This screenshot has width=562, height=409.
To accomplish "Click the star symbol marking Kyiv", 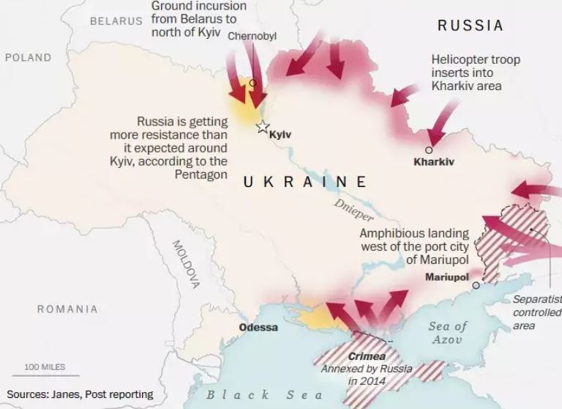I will [262, 127].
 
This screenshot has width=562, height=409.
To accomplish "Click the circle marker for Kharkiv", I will [429, 150].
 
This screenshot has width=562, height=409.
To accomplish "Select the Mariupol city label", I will [446, 277].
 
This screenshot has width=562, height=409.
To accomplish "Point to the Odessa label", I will [258, 327].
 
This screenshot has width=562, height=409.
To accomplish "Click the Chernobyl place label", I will [252, 36].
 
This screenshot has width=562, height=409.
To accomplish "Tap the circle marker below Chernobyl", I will [252, 83].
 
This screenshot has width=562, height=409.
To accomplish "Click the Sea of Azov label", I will [448, 332].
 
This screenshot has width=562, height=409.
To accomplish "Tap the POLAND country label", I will [29, 57].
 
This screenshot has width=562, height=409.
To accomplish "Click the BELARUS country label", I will [116, 21].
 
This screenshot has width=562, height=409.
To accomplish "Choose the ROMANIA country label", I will [67, 309].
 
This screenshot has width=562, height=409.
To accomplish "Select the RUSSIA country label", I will [471, 26].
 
